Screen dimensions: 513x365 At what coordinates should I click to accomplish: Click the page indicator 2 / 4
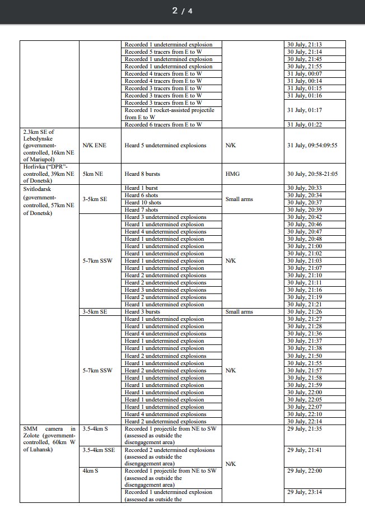[x=182, y=11]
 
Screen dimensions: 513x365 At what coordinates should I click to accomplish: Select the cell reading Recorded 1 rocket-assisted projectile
[x=169, y=110]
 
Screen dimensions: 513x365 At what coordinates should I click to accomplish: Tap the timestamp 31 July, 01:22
[x=304, y=124]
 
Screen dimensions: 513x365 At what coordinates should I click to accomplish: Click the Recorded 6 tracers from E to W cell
[x=163, y=124]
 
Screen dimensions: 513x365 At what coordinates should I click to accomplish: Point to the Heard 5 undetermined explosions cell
[x=165, y=146]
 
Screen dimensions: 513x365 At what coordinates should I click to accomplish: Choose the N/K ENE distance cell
[x=94, y=146]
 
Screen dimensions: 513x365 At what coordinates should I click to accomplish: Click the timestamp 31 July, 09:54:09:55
[x=312, y=146]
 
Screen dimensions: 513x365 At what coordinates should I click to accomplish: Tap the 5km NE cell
[x=93, y=174]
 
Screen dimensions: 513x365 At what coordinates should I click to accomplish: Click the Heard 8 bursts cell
[x=143, y=174]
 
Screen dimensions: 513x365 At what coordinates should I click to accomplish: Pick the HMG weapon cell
[x=232, y=174]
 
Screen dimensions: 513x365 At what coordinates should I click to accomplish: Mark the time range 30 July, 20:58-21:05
[x=311, y=174]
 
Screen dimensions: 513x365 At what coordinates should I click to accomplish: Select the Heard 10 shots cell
[x=143, y=203]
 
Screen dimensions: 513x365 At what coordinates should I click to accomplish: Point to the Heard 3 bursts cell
[x=142, y=312]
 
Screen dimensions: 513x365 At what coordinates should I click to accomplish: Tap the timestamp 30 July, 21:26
[x=304, y=312]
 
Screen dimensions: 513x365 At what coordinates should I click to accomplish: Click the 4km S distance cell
[x=90, y=471]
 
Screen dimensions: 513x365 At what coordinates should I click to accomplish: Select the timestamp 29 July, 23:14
[x=304, y=492]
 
